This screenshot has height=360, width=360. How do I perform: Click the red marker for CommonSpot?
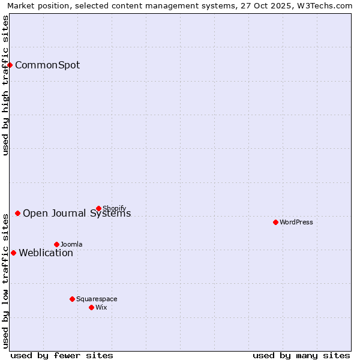point(10,65)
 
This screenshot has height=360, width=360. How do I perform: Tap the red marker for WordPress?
point(275,222)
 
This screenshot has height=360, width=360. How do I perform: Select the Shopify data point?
point(98,208)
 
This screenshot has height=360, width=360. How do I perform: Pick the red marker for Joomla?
point(56,244)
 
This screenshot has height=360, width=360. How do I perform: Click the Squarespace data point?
point(72,299)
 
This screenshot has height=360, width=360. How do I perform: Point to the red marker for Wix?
point(91,307)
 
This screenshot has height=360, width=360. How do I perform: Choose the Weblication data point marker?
point(13,253)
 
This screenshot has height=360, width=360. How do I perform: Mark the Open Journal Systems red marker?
point(17,213)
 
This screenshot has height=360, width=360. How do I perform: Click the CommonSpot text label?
point(47,65)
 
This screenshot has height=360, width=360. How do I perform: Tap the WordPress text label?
point(296,223)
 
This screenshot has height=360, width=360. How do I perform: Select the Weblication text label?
point(46,253)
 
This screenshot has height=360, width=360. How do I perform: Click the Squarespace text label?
point(97,299)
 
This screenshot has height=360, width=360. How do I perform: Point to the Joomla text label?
point(71,245)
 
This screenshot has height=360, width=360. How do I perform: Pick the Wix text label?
point(101,308)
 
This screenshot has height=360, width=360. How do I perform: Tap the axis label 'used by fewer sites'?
point(62,356)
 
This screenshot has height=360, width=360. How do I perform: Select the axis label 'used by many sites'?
point(301,356)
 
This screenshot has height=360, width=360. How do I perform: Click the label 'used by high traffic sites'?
point(5,85)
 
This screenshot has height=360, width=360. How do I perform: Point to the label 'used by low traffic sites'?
point(5,280)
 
